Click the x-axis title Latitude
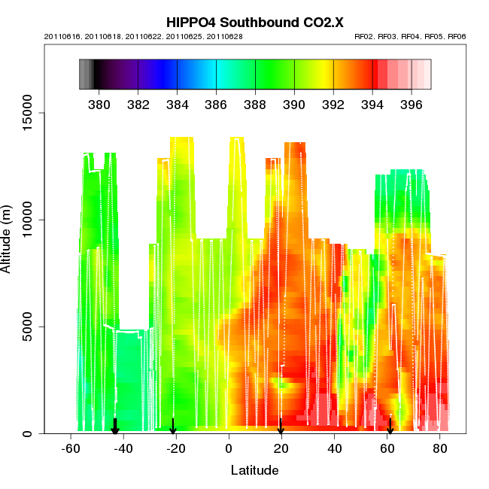(254, 470)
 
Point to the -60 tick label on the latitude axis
(71, 449)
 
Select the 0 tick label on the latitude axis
(229, 449)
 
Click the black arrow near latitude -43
(115, 427)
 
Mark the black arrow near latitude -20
(173, 427)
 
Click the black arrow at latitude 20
(281, 427)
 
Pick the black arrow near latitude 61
(390, 427)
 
